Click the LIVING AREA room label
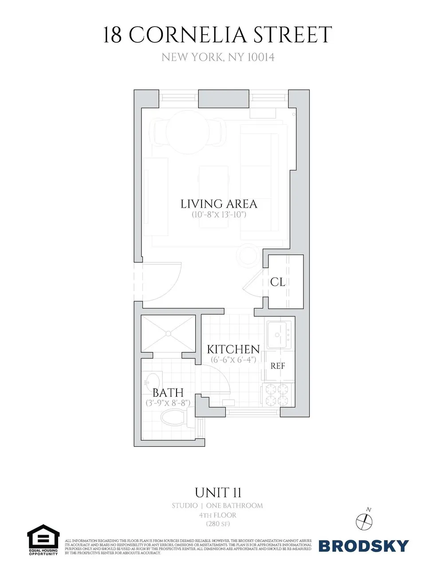[219, 204]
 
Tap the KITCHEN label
[233, 349]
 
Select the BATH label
[168, 393]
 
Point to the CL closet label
[278, 282]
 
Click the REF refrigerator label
[278, 366]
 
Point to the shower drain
[168, 333]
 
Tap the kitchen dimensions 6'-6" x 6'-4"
[233, 359]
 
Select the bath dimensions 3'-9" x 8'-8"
[168, 403]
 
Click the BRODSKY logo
[363, 545]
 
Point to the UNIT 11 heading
[218, 493]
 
